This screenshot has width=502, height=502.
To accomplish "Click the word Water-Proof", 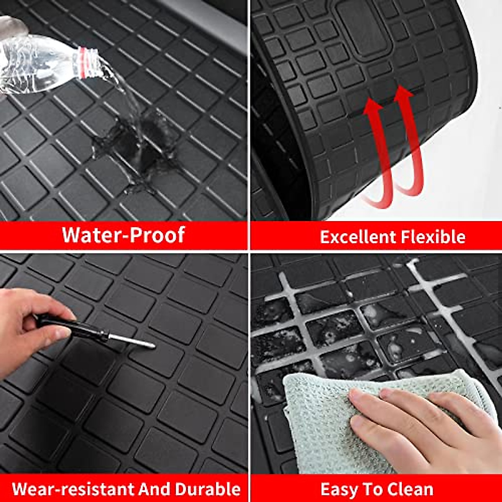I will (123, 235).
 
